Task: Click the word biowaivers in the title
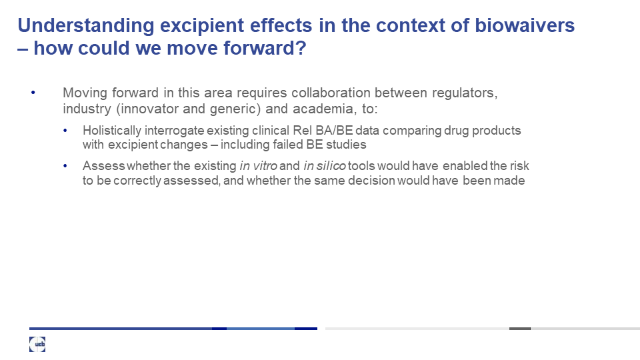point(525,25)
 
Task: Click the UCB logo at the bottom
point(37,344)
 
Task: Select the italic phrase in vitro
point(259,166)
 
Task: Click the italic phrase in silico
point(325,166)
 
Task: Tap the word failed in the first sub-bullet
point(290,145)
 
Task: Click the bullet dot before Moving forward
point(33,93)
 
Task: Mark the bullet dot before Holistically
point(65,131)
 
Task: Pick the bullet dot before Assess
point(65,166)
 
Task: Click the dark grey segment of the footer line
point(520,329)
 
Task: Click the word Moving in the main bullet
point(85,93)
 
